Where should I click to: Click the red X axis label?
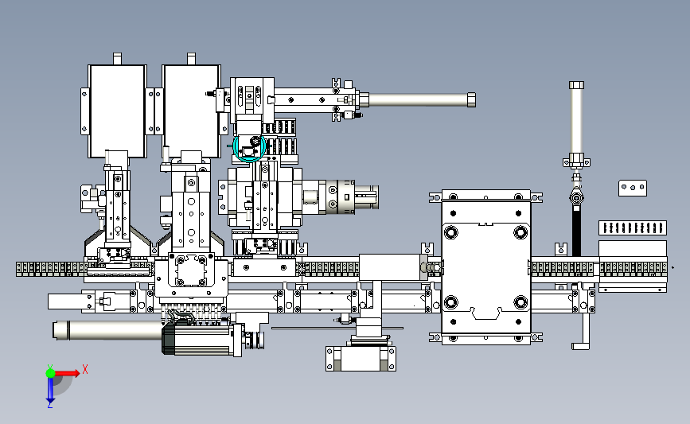click(85, 369)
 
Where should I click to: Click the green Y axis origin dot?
click(50, 373)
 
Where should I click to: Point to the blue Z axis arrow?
click(50, 390)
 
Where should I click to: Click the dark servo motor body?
click(197, 337)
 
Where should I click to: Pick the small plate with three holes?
click(633, 188)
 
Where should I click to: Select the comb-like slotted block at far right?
click(633, 228)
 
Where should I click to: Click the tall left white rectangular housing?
click(118, 111)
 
